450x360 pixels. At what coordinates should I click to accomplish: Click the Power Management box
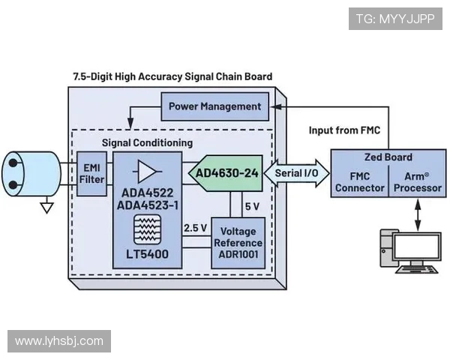(x=214, y=106)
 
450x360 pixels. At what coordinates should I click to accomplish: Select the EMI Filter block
(x=91, y=173)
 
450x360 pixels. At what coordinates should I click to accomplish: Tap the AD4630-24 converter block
(x=226, y=173)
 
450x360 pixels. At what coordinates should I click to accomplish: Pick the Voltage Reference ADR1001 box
(x=238, y=243)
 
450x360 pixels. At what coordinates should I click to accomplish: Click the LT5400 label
(x=146, y=254)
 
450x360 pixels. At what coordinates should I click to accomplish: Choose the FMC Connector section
(x=359, y=182)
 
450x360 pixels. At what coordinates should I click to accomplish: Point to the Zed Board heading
(x=387, y=157)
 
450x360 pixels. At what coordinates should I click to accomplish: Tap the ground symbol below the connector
(x=47, y=205)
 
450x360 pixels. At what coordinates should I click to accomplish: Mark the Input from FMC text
(x=344, y=130)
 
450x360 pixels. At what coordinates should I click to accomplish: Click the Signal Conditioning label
(x=147, y=142)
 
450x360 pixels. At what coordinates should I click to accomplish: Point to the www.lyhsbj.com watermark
(x=59, y=341)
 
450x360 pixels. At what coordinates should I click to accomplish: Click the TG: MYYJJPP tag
(x=394, y=19)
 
